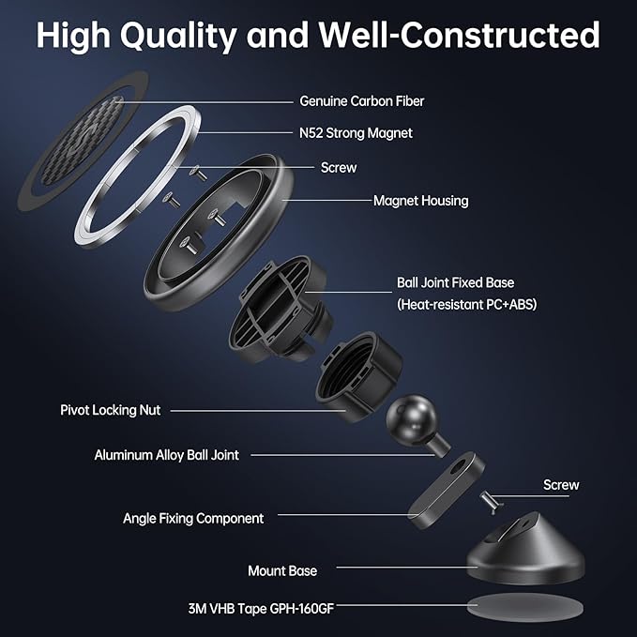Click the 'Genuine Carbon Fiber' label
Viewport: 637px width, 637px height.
(361, 101)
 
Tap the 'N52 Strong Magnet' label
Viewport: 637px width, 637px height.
(356, 133)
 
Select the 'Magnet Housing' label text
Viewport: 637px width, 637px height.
(420, 200)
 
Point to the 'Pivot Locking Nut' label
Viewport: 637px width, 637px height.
(110, 410)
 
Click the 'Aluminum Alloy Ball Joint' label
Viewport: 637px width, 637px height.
(167, 455)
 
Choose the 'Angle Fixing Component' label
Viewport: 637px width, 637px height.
(193, 519)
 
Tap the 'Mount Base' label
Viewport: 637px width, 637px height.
(282, 570)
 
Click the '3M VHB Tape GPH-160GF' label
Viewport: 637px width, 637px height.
(261, 609)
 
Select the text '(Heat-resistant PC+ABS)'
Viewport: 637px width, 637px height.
(467, 304)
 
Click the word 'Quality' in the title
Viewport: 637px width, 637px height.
(178, 36)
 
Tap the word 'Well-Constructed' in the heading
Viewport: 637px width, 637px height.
(459, 35)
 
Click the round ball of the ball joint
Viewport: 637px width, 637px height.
(411, 418)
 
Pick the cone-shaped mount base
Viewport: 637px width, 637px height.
(525, 549)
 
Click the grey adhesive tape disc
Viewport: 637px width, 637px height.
(524, 608)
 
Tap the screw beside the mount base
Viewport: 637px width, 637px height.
(492, 502)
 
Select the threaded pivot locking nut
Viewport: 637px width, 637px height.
(358, 376)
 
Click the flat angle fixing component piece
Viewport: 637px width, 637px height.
(446, 490)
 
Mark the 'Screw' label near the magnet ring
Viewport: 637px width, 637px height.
(339, 167)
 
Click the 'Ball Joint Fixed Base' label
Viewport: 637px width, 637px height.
(455, 282)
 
